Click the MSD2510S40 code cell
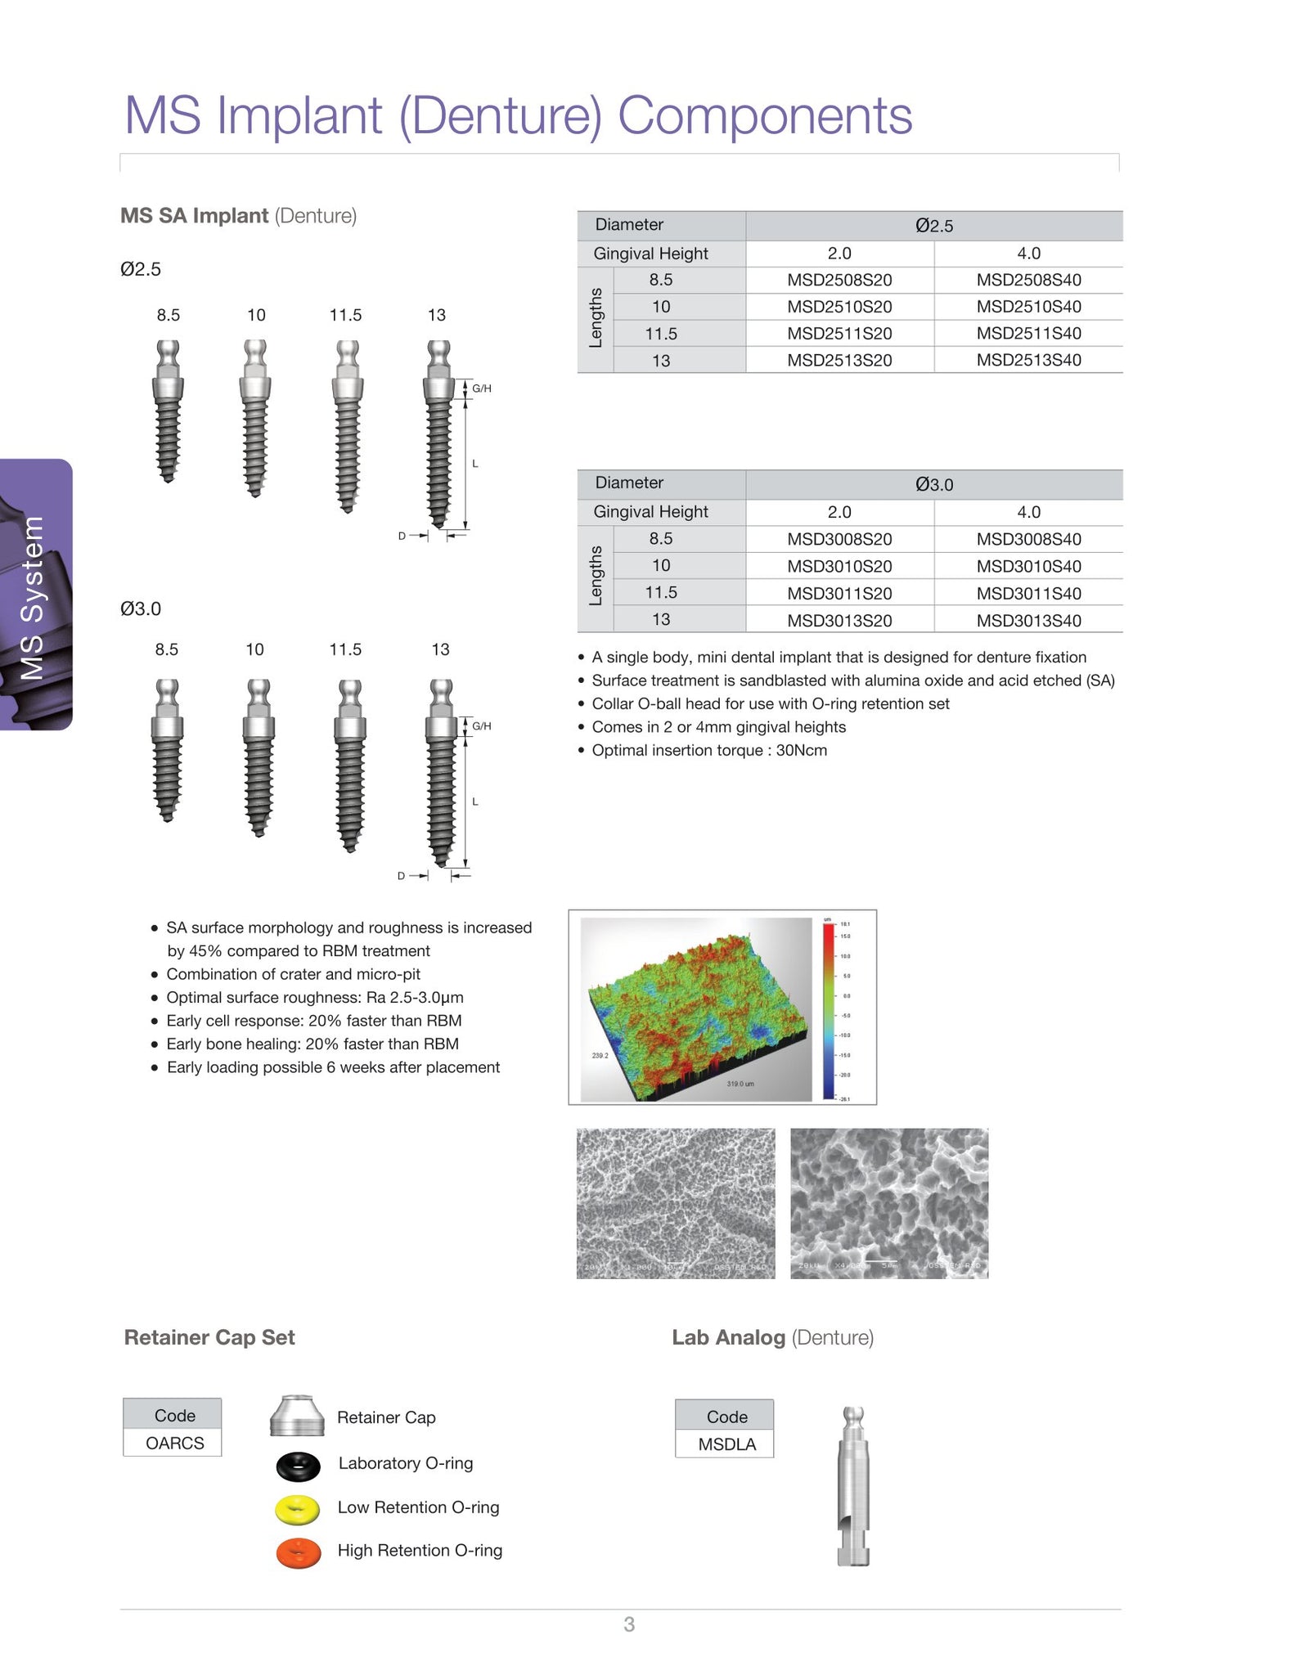point(1028,307)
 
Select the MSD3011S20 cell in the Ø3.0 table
point(839,593)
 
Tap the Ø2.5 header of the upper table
point(933,226)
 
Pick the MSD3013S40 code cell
point(1028,620)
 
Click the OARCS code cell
point(174,1443)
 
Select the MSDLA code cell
point(726,1444)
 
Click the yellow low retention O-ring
point(298,1509)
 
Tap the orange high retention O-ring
point(299,1553)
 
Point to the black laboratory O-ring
point(299,1466)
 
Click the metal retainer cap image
point(296,1416)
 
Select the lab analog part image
point(853,1484)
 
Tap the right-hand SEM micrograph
point(889,1203)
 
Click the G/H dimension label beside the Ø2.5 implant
point(482,388)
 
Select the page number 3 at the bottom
point(629,1624)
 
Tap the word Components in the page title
point(764,115)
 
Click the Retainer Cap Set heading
point(209,1337)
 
